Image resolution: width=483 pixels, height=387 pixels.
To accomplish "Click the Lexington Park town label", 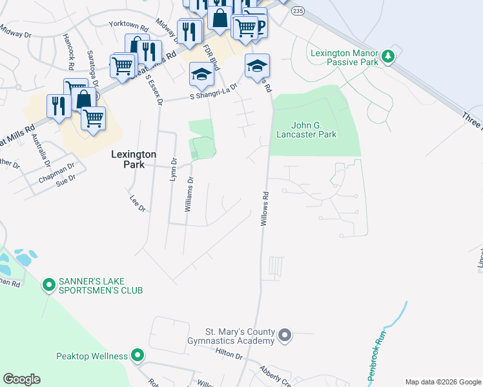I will (x=134, y=159).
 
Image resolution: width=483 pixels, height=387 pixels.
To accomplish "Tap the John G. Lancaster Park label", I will (x=305, y=130).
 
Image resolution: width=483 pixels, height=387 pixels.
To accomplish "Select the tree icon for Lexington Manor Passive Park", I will (x=388, y=57).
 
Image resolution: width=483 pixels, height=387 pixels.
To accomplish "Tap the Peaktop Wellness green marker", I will (x=137, y=355).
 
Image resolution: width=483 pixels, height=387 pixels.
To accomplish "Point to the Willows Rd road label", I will (x=264, y=208).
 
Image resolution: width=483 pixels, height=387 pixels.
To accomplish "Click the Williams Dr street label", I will (x=189, y=195).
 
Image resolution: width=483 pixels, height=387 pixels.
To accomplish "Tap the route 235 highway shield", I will (x=297, y=11).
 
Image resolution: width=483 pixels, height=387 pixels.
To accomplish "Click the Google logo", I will (x=21, y=379).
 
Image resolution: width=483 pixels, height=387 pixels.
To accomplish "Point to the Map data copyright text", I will (x=442, y=382).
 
